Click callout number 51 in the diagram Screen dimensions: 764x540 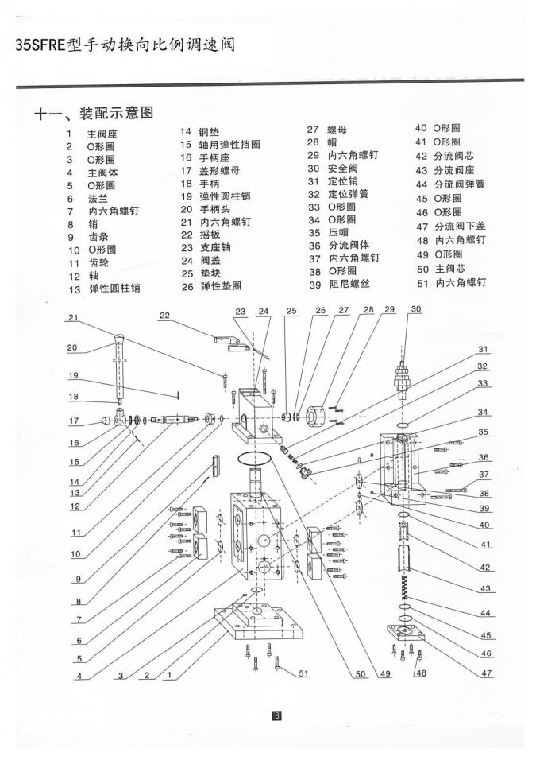click(303, 673)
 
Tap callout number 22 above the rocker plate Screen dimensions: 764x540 click(164, 315)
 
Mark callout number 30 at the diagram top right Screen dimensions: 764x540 click(415, 309)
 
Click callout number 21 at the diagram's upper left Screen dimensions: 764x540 click(73, 318)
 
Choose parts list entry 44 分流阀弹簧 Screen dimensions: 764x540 click(449, 184)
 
